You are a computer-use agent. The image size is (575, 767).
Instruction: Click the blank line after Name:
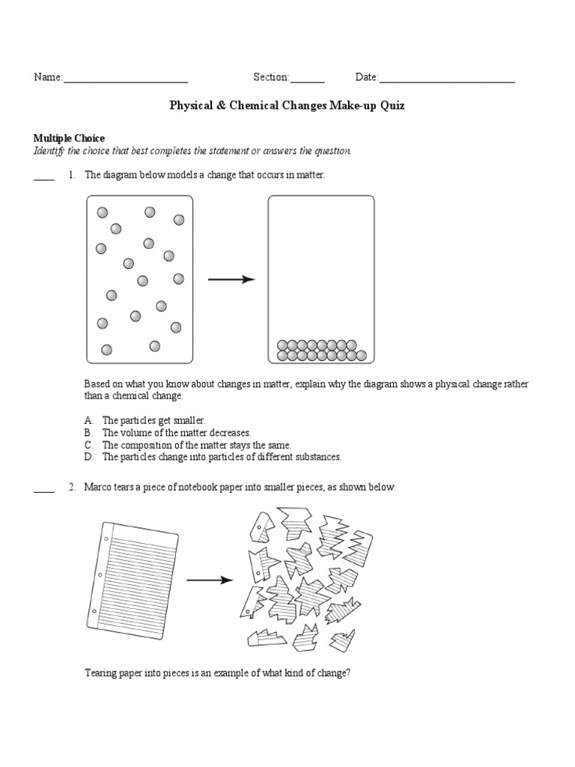tap(125, 80)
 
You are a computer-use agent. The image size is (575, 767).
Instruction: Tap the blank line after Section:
tap(307, 80)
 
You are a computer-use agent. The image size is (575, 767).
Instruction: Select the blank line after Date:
tap(447, 80)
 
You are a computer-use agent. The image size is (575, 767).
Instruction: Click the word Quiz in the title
tap(392, 106)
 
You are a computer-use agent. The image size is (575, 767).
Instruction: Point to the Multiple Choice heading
tap(69, 139)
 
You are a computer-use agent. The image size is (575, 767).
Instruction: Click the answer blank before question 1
tap(44, 178)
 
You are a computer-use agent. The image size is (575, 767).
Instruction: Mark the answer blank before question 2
tap(44, 491)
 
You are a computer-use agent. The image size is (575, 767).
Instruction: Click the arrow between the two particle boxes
tap(231, 279)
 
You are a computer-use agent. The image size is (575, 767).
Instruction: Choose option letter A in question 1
tap(88, 421)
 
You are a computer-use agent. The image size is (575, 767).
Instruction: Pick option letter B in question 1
tap(88, 433)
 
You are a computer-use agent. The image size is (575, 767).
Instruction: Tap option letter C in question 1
tap(88, 445)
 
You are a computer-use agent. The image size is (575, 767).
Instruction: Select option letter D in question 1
tap(88, 456)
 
